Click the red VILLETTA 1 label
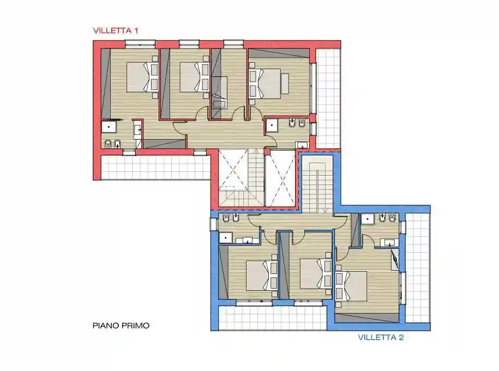pyautogui.click(x=116, y=31)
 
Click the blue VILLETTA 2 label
pyautogui.click(x=381, y=337)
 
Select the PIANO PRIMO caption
pyautogui.click(x=121, y=326)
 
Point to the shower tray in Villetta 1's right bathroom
pyautogui.click(x=272, y=126)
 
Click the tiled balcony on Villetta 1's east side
pyautogui.click(x=328, y=98)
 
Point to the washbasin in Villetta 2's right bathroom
pyautogui.click(x=389, y=242)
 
